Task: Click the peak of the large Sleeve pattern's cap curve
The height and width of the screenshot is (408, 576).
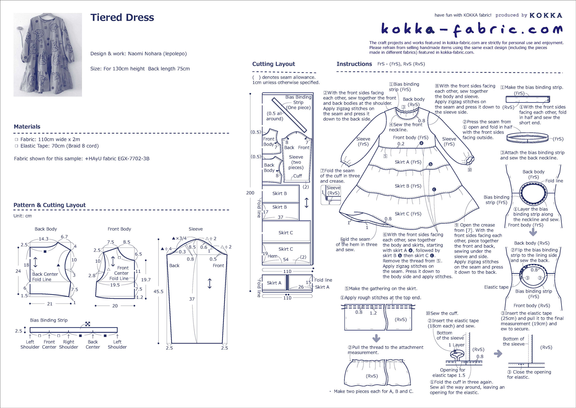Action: pos(197,239)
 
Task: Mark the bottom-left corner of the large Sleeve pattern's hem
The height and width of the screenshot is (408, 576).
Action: pos(171,343)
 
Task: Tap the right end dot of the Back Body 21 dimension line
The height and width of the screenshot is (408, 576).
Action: pos(71,304)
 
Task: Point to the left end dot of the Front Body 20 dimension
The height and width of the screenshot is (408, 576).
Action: pos(96,306)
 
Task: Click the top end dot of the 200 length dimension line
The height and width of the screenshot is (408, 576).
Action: pos(250,94)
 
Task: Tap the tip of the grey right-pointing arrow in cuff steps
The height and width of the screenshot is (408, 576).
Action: pos(502,354)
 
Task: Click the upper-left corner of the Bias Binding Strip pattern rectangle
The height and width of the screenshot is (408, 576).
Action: pos(30,328)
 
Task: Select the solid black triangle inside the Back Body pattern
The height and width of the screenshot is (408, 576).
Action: pos(58,265)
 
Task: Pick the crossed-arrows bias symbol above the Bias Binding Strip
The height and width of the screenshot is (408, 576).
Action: pos(88,324)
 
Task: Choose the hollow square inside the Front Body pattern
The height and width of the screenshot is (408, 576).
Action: pos(119,258)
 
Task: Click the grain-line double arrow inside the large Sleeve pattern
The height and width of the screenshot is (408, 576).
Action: pos(210,283)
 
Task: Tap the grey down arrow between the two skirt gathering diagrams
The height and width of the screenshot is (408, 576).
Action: pos(376,338)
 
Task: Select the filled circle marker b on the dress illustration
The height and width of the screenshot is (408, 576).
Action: pos(430,164)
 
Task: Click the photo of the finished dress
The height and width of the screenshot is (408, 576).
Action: pos(47,55)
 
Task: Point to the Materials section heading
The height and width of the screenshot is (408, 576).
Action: pos(27,127)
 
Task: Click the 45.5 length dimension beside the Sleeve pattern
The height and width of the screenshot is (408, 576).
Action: pos(159,291)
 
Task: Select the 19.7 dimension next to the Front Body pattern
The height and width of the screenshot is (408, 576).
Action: pos(146,279)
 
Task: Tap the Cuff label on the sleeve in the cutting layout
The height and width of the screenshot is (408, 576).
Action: pos(297,176)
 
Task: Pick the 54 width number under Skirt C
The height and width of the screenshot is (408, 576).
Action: pos(286,259)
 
